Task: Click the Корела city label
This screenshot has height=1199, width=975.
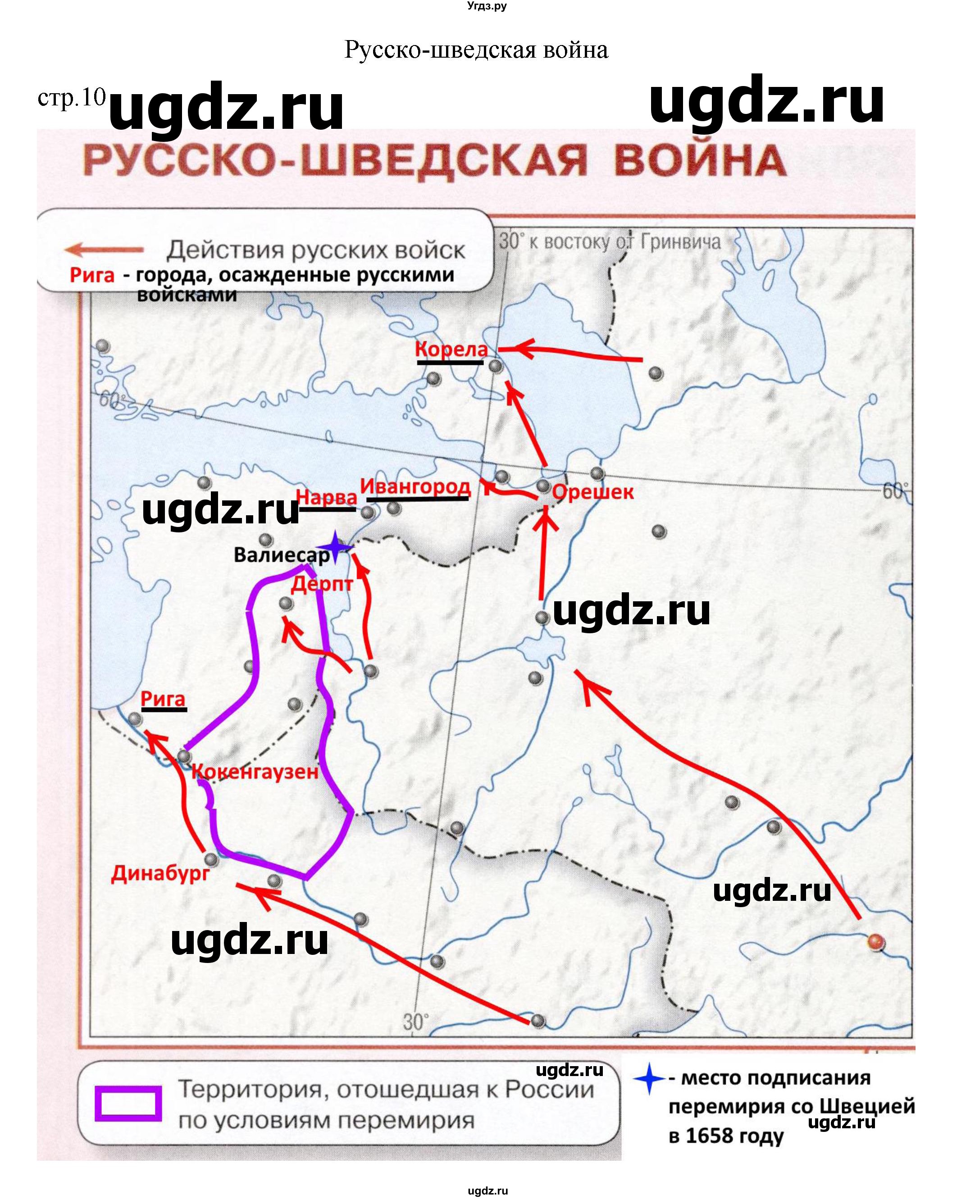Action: [x=451, y=349]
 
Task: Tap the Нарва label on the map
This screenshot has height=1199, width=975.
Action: [x=326, y=497]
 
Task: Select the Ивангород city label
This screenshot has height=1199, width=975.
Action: [x=415, y=486]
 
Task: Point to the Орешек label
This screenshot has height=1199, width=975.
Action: [x=592, y=492]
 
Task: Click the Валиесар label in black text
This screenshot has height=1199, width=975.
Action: [x=282, y=555]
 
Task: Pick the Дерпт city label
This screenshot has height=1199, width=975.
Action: [x=322, y=584]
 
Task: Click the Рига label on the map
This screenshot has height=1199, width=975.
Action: [x=163, y=699]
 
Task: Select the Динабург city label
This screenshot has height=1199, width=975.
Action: [x=160, y=873]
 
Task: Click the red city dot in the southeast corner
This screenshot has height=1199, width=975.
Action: [x=875, y=941]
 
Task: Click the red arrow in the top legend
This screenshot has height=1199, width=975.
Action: [x=104, y=250]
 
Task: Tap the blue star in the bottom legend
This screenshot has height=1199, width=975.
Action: [x=649, y=1078]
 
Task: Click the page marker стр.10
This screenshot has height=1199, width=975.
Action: [x=71, y=98]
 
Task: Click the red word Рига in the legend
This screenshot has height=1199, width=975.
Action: [x=91, y=275]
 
